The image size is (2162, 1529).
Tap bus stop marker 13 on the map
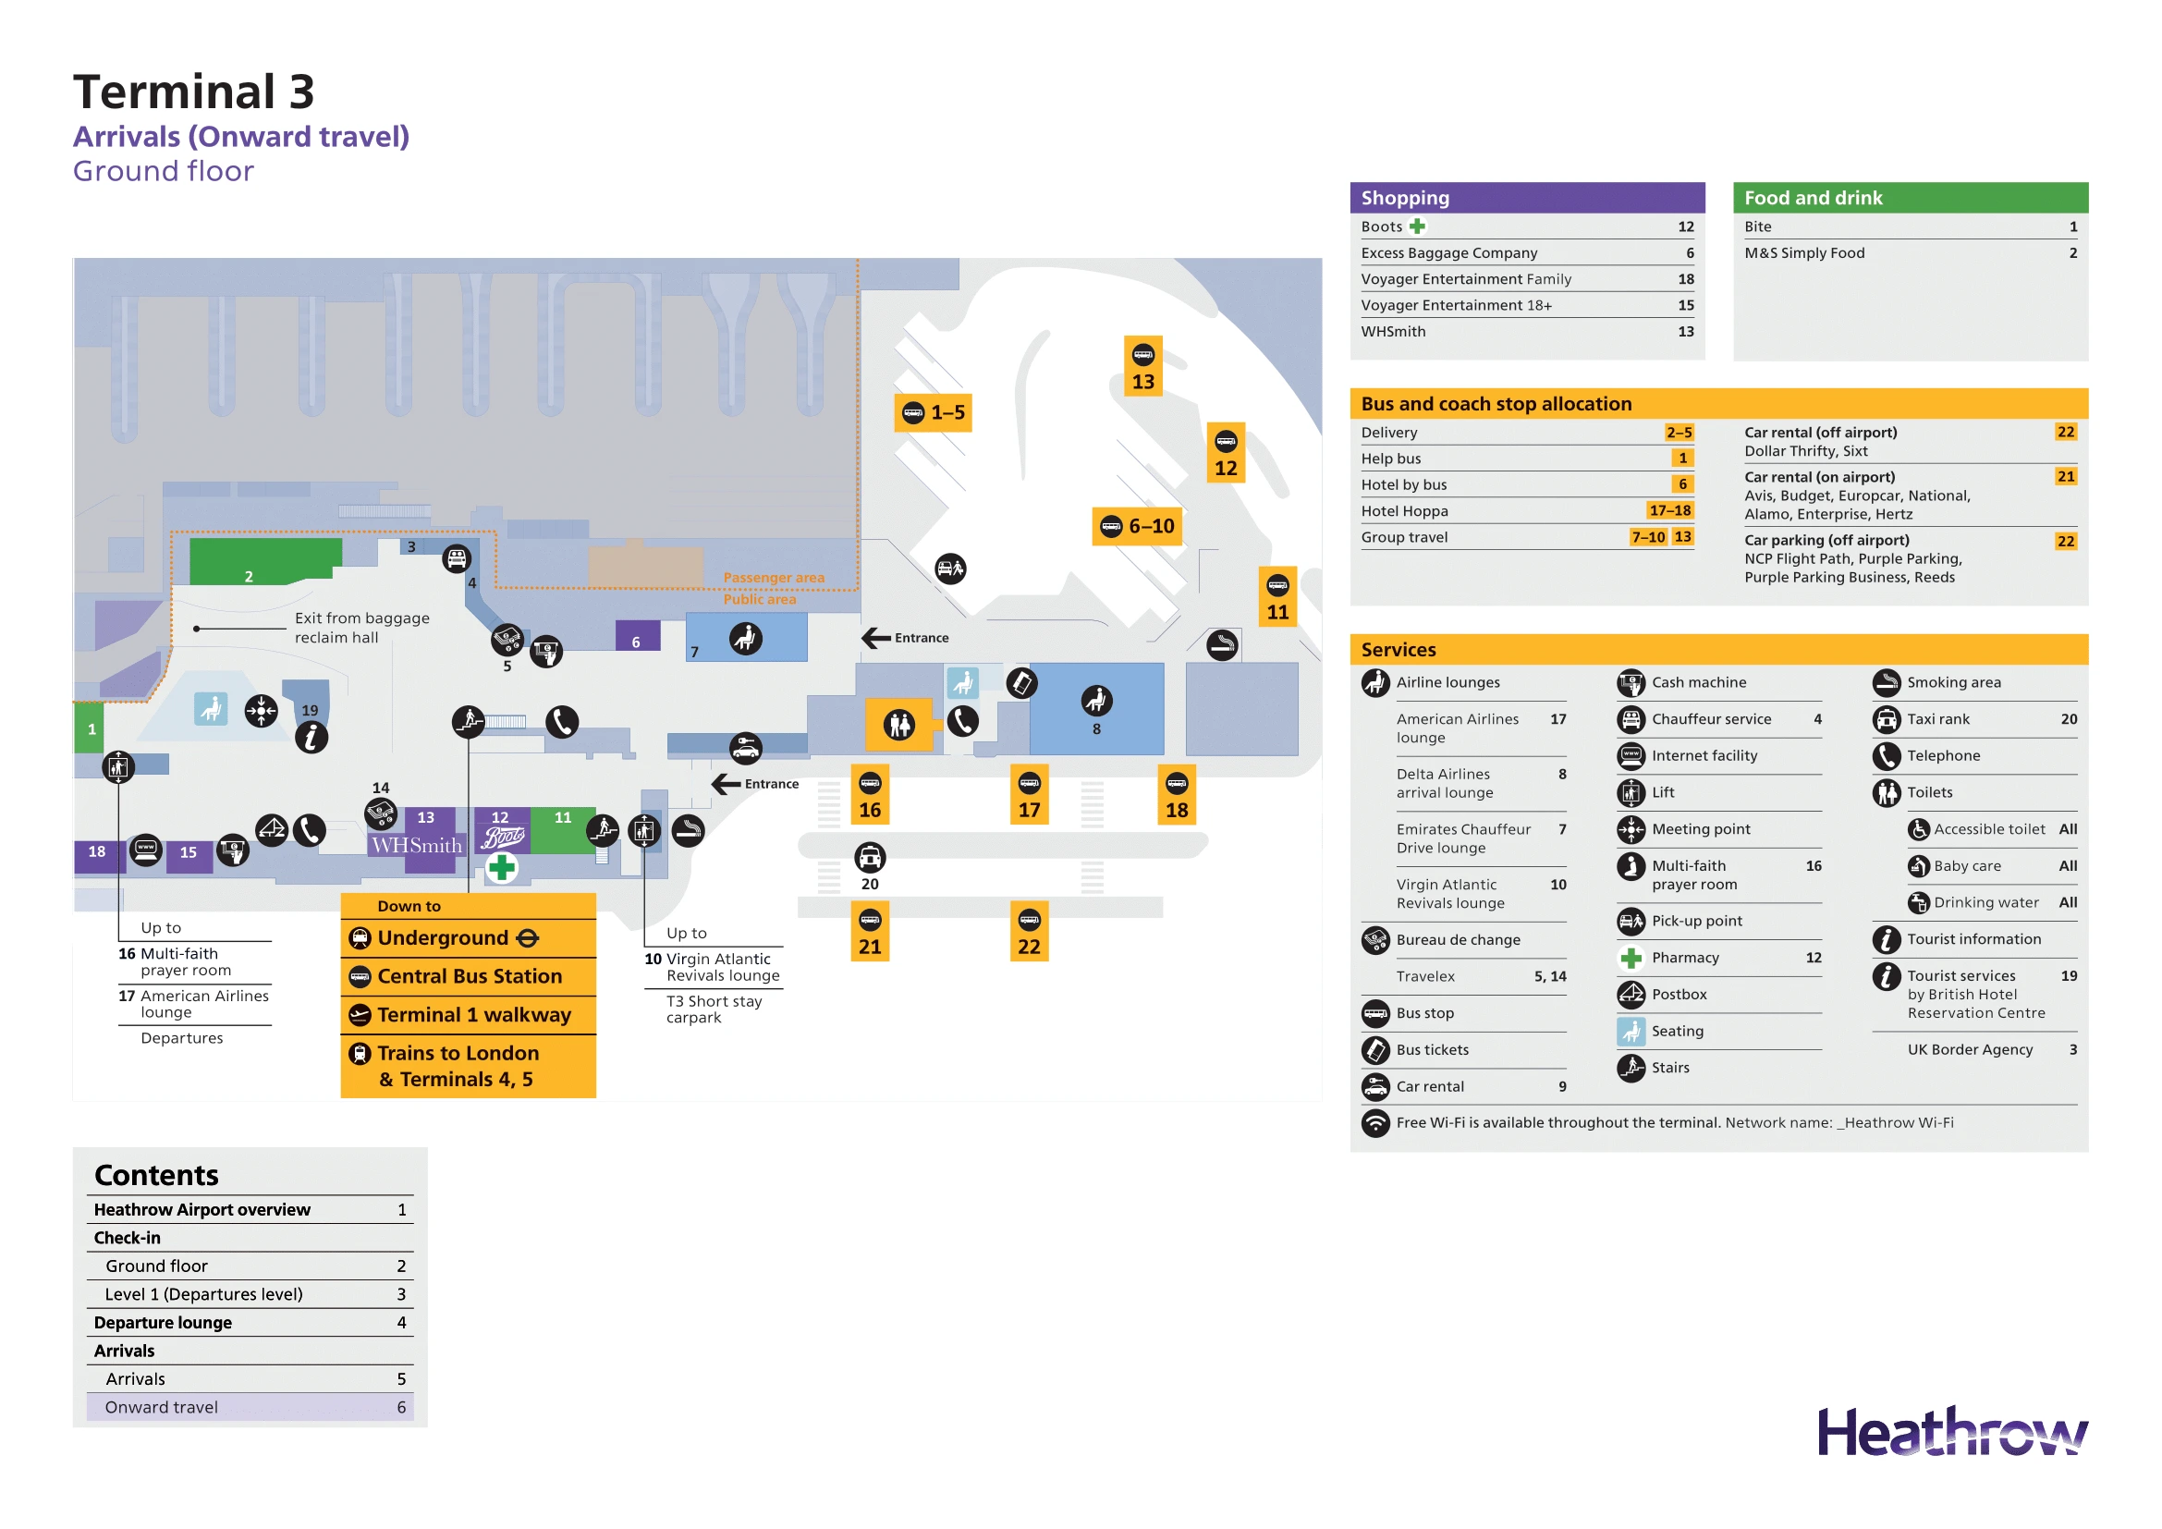point(1142,366)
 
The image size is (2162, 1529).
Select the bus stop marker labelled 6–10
point(1138,526)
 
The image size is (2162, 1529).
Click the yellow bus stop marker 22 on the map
point(1028,932)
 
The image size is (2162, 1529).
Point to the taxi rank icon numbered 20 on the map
point(869,858)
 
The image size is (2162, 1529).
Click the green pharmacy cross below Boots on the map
point(502,867)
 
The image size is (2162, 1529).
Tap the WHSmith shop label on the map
point(416,845)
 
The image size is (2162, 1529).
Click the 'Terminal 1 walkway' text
point(473,1015)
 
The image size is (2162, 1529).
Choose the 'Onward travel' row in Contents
point(161,1407)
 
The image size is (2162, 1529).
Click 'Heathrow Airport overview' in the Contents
point(202,1210)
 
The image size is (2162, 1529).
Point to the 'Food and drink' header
point(1813,198)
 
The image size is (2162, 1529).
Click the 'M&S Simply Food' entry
point(1803,252)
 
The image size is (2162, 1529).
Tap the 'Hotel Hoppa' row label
point(1404,511)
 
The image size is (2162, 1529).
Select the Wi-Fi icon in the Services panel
point(1374,1122)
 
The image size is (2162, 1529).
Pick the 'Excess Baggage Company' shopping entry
point(1448,252)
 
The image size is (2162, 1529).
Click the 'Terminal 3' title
point(193,92)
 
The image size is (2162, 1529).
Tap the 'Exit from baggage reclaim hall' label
point(361,627)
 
